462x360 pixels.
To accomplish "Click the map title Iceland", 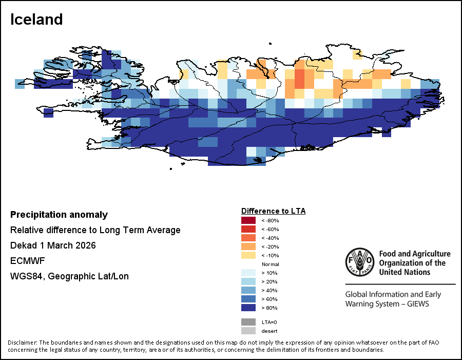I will tap(36, 20).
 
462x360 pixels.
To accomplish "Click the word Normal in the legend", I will tap(270, 264).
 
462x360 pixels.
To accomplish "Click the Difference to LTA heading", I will tap(273, 211).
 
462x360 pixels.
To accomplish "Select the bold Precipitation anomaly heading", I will tap(59, 215).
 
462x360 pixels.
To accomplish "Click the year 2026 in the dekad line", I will tap(85, 245).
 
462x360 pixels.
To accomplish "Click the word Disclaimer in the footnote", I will tap(22, 343).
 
